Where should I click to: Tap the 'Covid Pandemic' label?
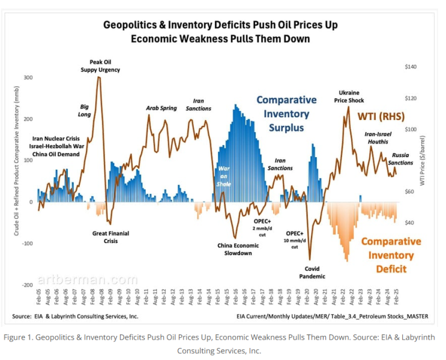tap(316, 272)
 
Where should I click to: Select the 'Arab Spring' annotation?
tap(161, 108)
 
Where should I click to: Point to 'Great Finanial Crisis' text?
tap(110, 237)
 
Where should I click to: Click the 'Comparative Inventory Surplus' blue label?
tap(287, 113)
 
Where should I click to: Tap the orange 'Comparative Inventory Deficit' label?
tap(391, 255)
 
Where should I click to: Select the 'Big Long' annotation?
tap(85, 110)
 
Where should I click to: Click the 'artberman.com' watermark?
tap(88, 280)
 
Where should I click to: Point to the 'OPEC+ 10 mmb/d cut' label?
tap(295, 239)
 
